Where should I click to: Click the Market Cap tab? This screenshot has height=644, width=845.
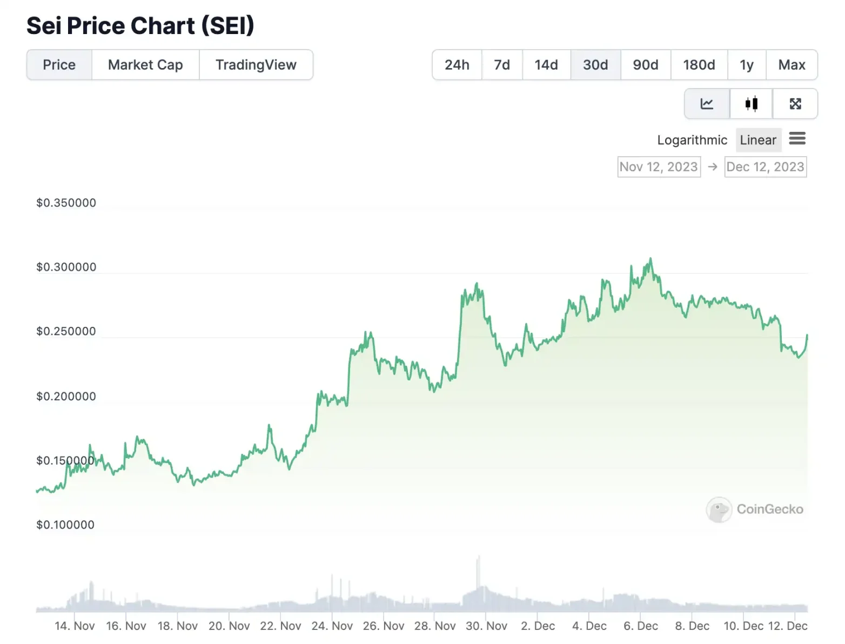[145, 65]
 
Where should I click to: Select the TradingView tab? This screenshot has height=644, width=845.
[256, 65]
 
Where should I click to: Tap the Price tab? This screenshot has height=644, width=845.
[59, 65]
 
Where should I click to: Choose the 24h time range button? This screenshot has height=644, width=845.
[457, 65]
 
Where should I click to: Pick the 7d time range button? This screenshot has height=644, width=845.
[501, 65]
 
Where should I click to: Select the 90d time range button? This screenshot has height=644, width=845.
[645, 65]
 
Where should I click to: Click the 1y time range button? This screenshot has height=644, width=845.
[746, 65]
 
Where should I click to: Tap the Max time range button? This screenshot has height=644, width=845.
[792, 65]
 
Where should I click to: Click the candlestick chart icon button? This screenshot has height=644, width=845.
[751, 104]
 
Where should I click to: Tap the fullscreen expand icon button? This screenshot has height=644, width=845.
[795, 104]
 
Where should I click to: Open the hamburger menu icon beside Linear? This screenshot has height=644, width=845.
[797, 139]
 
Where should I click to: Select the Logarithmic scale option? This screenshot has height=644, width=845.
[692, 140]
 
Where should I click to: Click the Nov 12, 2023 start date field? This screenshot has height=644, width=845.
[659, 167]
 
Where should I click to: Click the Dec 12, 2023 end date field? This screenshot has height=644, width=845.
[765, 167]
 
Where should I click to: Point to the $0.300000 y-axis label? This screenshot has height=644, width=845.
[66, 267]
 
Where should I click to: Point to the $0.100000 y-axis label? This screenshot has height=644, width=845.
[65, 525]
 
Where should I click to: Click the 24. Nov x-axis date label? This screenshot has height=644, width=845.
[332, 626]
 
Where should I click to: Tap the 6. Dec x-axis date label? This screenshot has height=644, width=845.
[640, 626]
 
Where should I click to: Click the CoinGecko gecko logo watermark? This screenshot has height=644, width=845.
[719, 509]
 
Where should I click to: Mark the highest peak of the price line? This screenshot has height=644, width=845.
[650, 259]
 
